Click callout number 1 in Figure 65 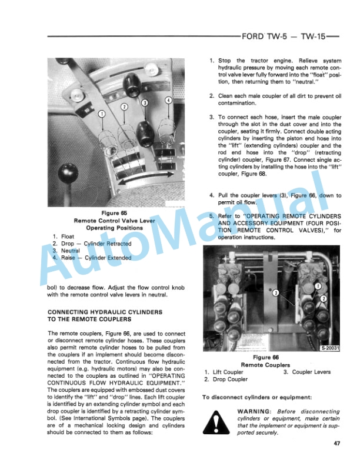(102, 113)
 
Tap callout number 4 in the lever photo (168, 100)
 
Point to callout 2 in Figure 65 (124, 106)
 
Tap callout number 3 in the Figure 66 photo (274, 293)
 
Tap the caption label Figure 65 (112, 213)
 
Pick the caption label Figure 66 (269, 357)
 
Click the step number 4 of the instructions (212, 195)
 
